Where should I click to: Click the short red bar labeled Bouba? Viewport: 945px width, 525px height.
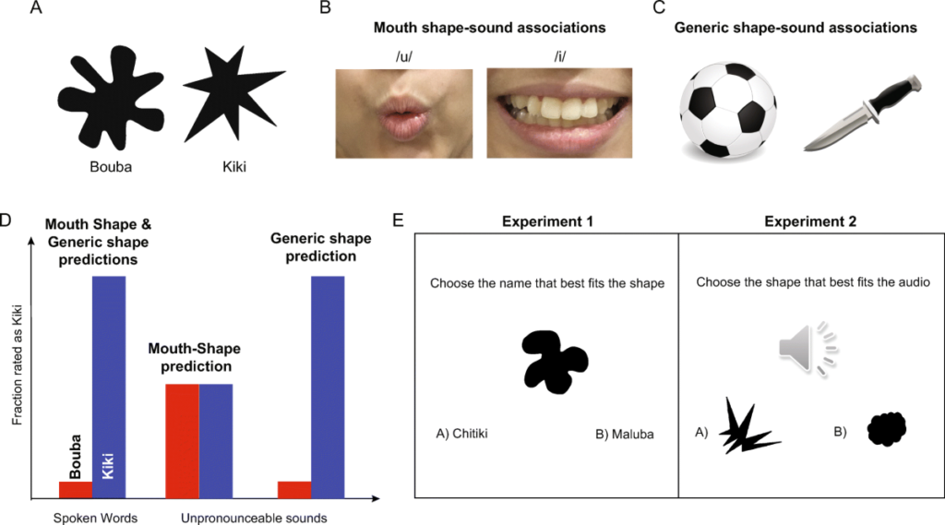click(x=76, y=489)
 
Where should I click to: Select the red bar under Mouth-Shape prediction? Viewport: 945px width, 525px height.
click(x=182, y=441)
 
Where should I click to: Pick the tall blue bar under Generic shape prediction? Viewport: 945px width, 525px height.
click(x=329, y=388)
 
